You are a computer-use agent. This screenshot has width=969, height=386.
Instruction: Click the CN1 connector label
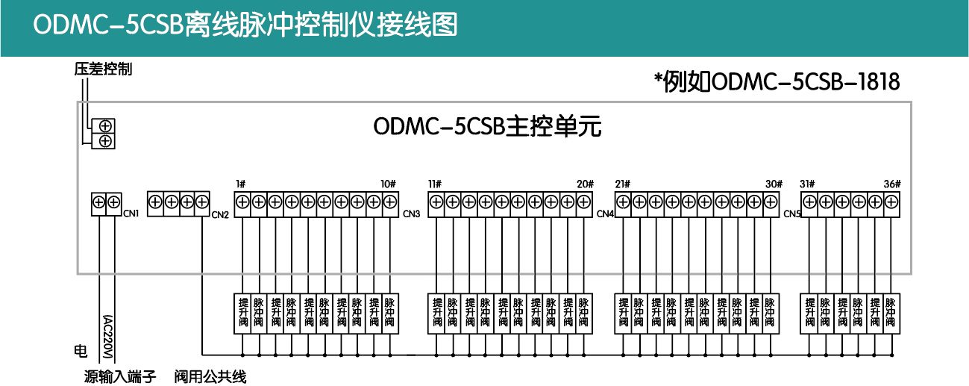132,214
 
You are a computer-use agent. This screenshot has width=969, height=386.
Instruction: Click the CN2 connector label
220,216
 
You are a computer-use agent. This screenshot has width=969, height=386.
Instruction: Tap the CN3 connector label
412,214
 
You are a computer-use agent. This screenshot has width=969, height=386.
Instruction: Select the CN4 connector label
605,214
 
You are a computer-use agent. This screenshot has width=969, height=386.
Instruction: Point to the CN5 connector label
792,214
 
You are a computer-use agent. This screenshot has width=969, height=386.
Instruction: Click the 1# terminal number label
241,184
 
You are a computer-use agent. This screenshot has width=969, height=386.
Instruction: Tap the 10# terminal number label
388,184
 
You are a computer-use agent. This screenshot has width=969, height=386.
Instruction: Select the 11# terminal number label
435,184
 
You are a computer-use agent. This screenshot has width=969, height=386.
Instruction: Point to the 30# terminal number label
774,184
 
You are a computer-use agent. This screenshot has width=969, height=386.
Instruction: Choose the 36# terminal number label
892,184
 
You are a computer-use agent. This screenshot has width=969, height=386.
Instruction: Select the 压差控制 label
103,69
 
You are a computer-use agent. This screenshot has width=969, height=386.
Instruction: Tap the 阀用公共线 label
210,376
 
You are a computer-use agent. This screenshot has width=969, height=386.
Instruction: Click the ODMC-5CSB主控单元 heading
487,127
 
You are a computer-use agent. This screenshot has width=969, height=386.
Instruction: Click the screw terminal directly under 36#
891,202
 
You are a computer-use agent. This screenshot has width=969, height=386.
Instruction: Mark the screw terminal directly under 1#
242,202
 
